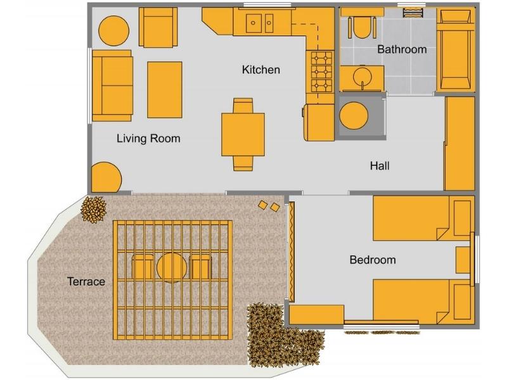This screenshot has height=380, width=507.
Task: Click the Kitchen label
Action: [260, 70]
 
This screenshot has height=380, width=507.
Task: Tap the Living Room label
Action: [148, 139]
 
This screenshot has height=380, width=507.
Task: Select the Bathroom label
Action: [402, 49]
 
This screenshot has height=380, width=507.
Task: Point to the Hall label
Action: [380, 166]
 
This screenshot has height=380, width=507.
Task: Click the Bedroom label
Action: [373, 260]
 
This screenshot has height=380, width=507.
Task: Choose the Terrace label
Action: [86, 281]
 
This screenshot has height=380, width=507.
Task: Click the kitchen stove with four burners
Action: [321, 71]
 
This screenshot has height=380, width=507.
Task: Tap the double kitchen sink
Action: [260, 24]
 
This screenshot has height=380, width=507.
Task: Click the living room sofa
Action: [112, 85]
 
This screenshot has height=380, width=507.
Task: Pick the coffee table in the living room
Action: [165, 89]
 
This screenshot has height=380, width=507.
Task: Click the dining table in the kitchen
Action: [243, 134]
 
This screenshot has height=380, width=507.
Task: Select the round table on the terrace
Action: [172, 267]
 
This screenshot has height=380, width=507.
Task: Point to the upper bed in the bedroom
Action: [421, 218]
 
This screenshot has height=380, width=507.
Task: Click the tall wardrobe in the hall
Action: [459, 143]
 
